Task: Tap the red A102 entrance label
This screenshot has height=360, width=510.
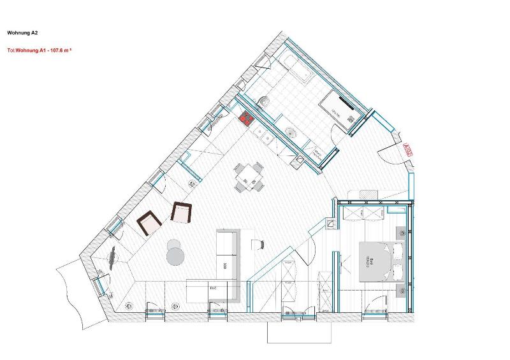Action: tap(409, 150)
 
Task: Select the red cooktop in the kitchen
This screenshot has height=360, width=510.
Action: tap(246, 117)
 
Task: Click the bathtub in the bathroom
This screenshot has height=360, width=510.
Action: tap(297, 69)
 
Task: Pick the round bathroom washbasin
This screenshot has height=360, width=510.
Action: tap(290, 133)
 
